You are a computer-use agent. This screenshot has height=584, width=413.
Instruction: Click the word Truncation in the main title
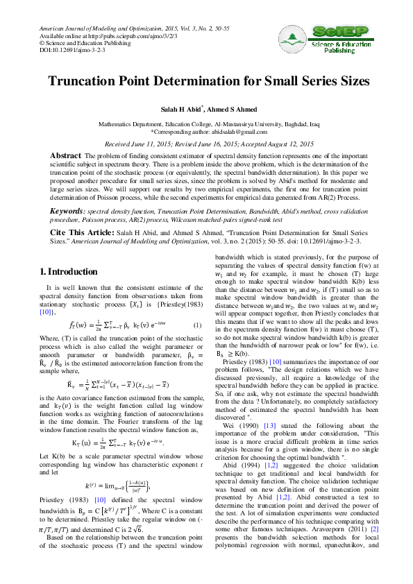point(88,80)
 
